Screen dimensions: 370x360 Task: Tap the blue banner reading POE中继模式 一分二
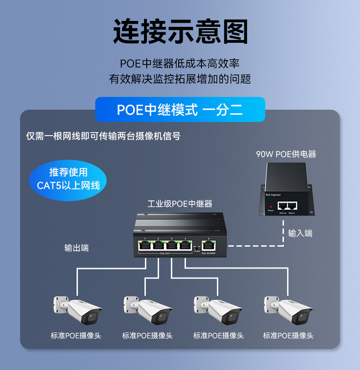180,110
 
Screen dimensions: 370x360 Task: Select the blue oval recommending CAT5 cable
68,179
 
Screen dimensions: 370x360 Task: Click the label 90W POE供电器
286,154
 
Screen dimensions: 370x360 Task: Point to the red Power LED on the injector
271,206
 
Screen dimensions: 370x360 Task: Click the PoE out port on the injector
283,206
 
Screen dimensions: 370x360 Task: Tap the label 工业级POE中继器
180,203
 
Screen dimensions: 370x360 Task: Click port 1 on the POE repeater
144,245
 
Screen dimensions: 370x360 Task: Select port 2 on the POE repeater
158,245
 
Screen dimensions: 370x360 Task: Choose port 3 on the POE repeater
172,245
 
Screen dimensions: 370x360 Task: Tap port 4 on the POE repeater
185,245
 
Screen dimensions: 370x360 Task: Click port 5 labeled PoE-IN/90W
208,245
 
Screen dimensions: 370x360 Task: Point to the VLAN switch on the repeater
196,247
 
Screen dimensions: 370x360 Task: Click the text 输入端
300,233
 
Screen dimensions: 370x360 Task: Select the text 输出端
77,248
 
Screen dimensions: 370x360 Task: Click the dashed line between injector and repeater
255,246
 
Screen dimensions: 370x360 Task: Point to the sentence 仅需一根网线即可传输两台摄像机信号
103,136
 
